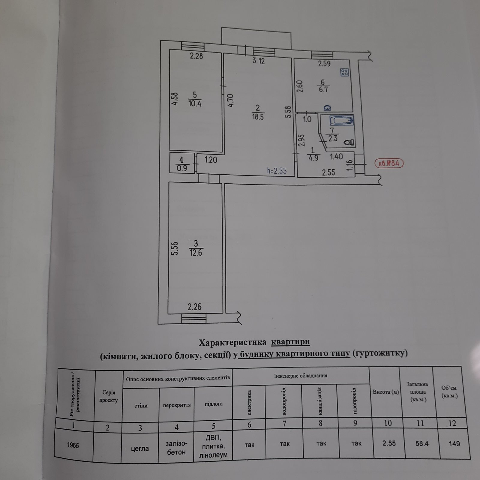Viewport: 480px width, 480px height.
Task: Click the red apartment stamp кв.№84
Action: tap(389, 163)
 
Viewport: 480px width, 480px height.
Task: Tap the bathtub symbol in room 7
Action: tap(342, 121)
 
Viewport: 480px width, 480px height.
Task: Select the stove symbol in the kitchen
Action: tap(344, 72)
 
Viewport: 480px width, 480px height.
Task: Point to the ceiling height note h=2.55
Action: tap(277, 171)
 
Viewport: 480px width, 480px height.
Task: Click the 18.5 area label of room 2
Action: tap(258, 117)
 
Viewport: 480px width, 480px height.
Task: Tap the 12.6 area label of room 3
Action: tap(196, 253)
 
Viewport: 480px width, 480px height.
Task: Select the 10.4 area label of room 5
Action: tap(195, 104)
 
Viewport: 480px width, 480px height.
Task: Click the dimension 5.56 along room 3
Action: tap(175, 249)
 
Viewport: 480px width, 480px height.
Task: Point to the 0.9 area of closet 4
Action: tap(182, 168)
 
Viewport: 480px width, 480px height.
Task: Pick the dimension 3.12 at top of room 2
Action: tap(259, 61)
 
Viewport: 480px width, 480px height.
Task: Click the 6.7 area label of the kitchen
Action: tap(323, 89)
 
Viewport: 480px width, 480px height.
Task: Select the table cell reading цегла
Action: tap(140, 448)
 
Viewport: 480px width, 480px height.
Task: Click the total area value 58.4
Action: tap(422, 443)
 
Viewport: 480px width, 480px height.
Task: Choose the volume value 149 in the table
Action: tap(454, 443)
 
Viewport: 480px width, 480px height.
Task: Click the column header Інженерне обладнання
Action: tap(301, 376)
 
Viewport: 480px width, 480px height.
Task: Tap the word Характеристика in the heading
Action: tap(233, 342)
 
